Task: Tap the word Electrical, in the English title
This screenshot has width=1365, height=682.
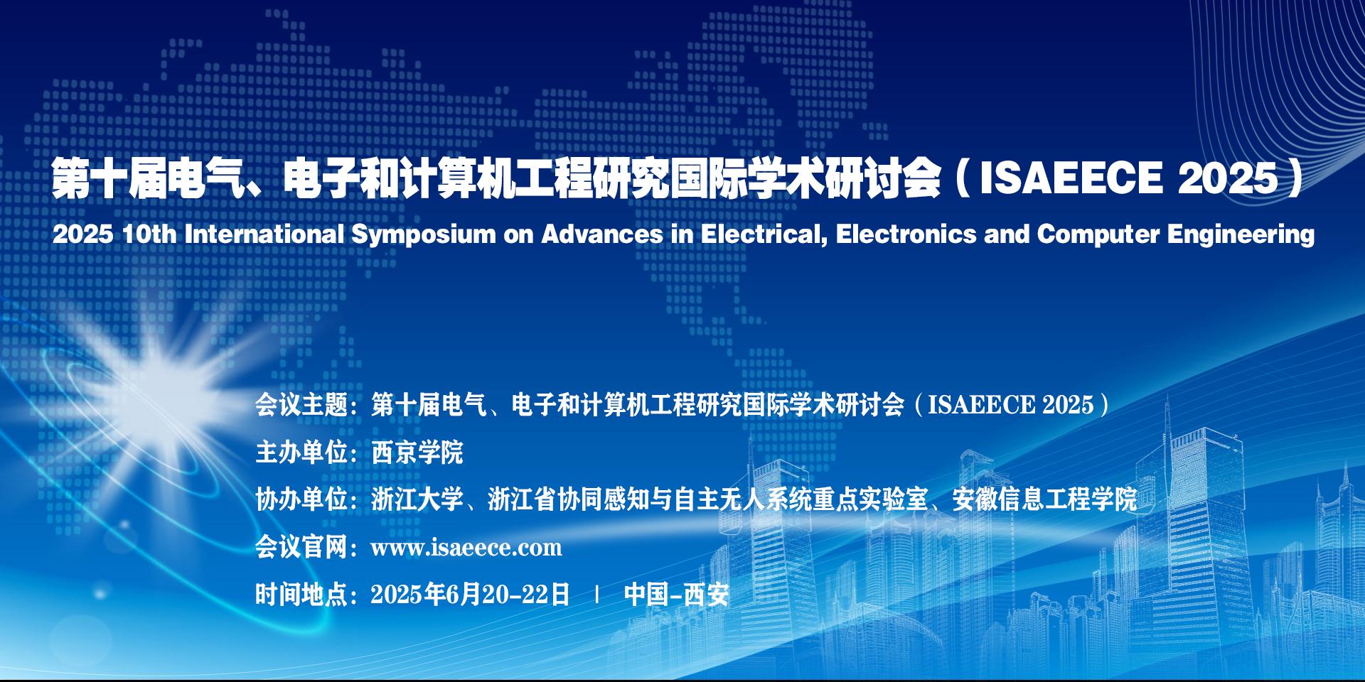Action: click(764, 234)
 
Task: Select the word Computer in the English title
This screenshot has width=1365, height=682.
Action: click(1098, 235)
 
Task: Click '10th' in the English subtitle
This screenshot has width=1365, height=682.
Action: click(149, 234)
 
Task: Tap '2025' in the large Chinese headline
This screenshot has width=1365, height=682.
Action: click(1228, 178)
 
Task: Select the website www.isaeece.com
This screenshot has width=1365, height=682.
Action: click(466, 548)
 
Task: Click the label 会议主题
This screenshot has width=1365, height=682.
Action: click(301, 405)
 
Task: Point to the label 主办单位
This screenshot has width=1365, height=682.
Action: click(301, 453)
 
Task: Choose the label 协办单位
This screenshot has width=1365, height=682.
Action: click(301, 500)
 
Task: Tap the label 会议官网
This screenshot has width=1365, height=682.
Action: click(301, 548)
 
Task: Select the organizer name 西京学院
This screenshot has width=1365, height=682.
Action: click(417, 453)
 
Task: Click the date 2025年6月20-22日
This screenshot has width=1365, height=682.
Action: click(471, 595)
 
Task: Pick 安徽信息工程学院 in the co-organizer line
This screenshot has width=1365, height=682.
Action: click(1045, 500)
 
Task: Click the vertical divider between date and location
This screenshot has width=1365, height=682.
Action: click(597, 595)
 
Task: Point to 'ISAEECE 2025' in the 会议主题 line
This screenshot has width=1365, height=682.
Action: click(1011, 405)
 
